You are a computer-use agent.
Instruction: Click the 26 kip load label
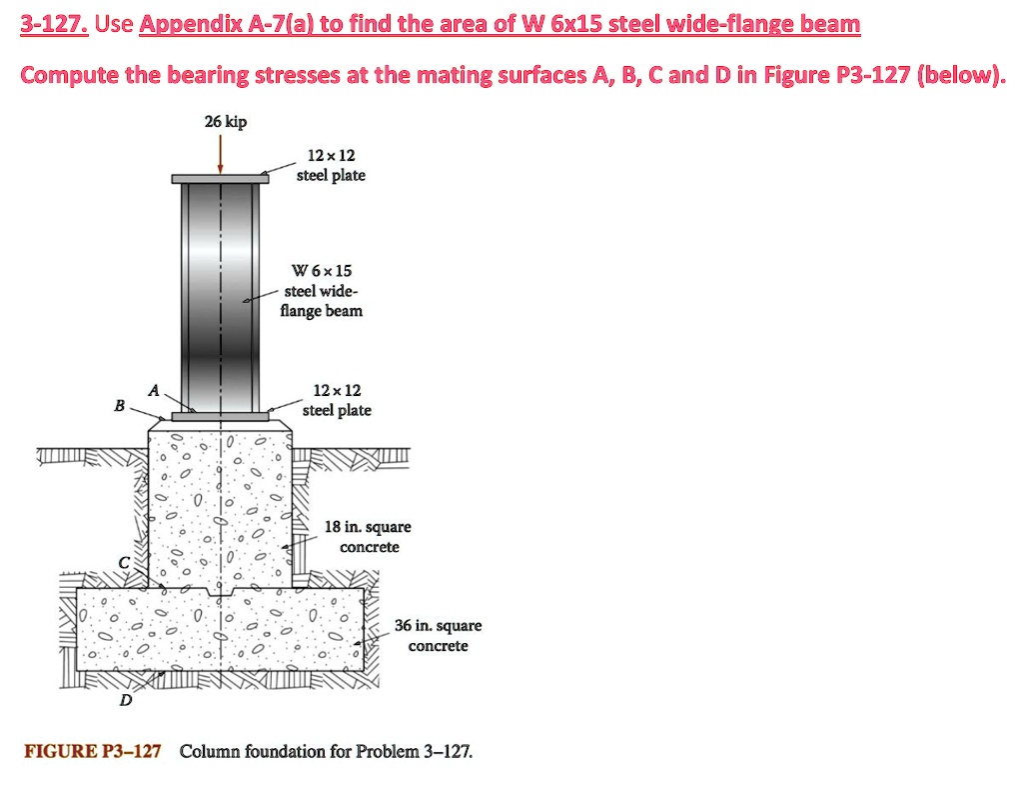click(225, 122)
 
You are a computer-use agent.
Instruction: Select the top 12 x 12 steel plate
click(220, 179)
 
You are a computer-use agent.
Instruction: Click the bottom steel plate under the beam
click(220, 416)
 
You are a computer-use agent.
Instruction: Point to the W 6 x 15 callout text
click(321, 271)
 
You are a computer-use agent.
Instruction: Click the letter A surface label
click(153, 391)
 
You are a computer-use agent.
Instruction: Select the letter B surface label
click(120, 406)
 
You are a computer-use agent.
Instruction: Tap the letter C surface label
click(124, 564)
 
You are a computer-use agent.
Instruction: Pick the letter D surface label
click(125, 700)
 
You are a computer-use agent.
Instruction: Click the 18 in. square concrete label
click(369, 537)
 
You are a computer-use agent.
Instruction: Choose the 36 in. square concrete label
click(438, 636)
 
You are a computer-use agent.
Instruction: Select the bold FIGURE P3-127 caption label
click(94, 751)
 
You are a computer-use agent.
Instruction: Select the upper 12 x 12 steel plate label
click(332, 165)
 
